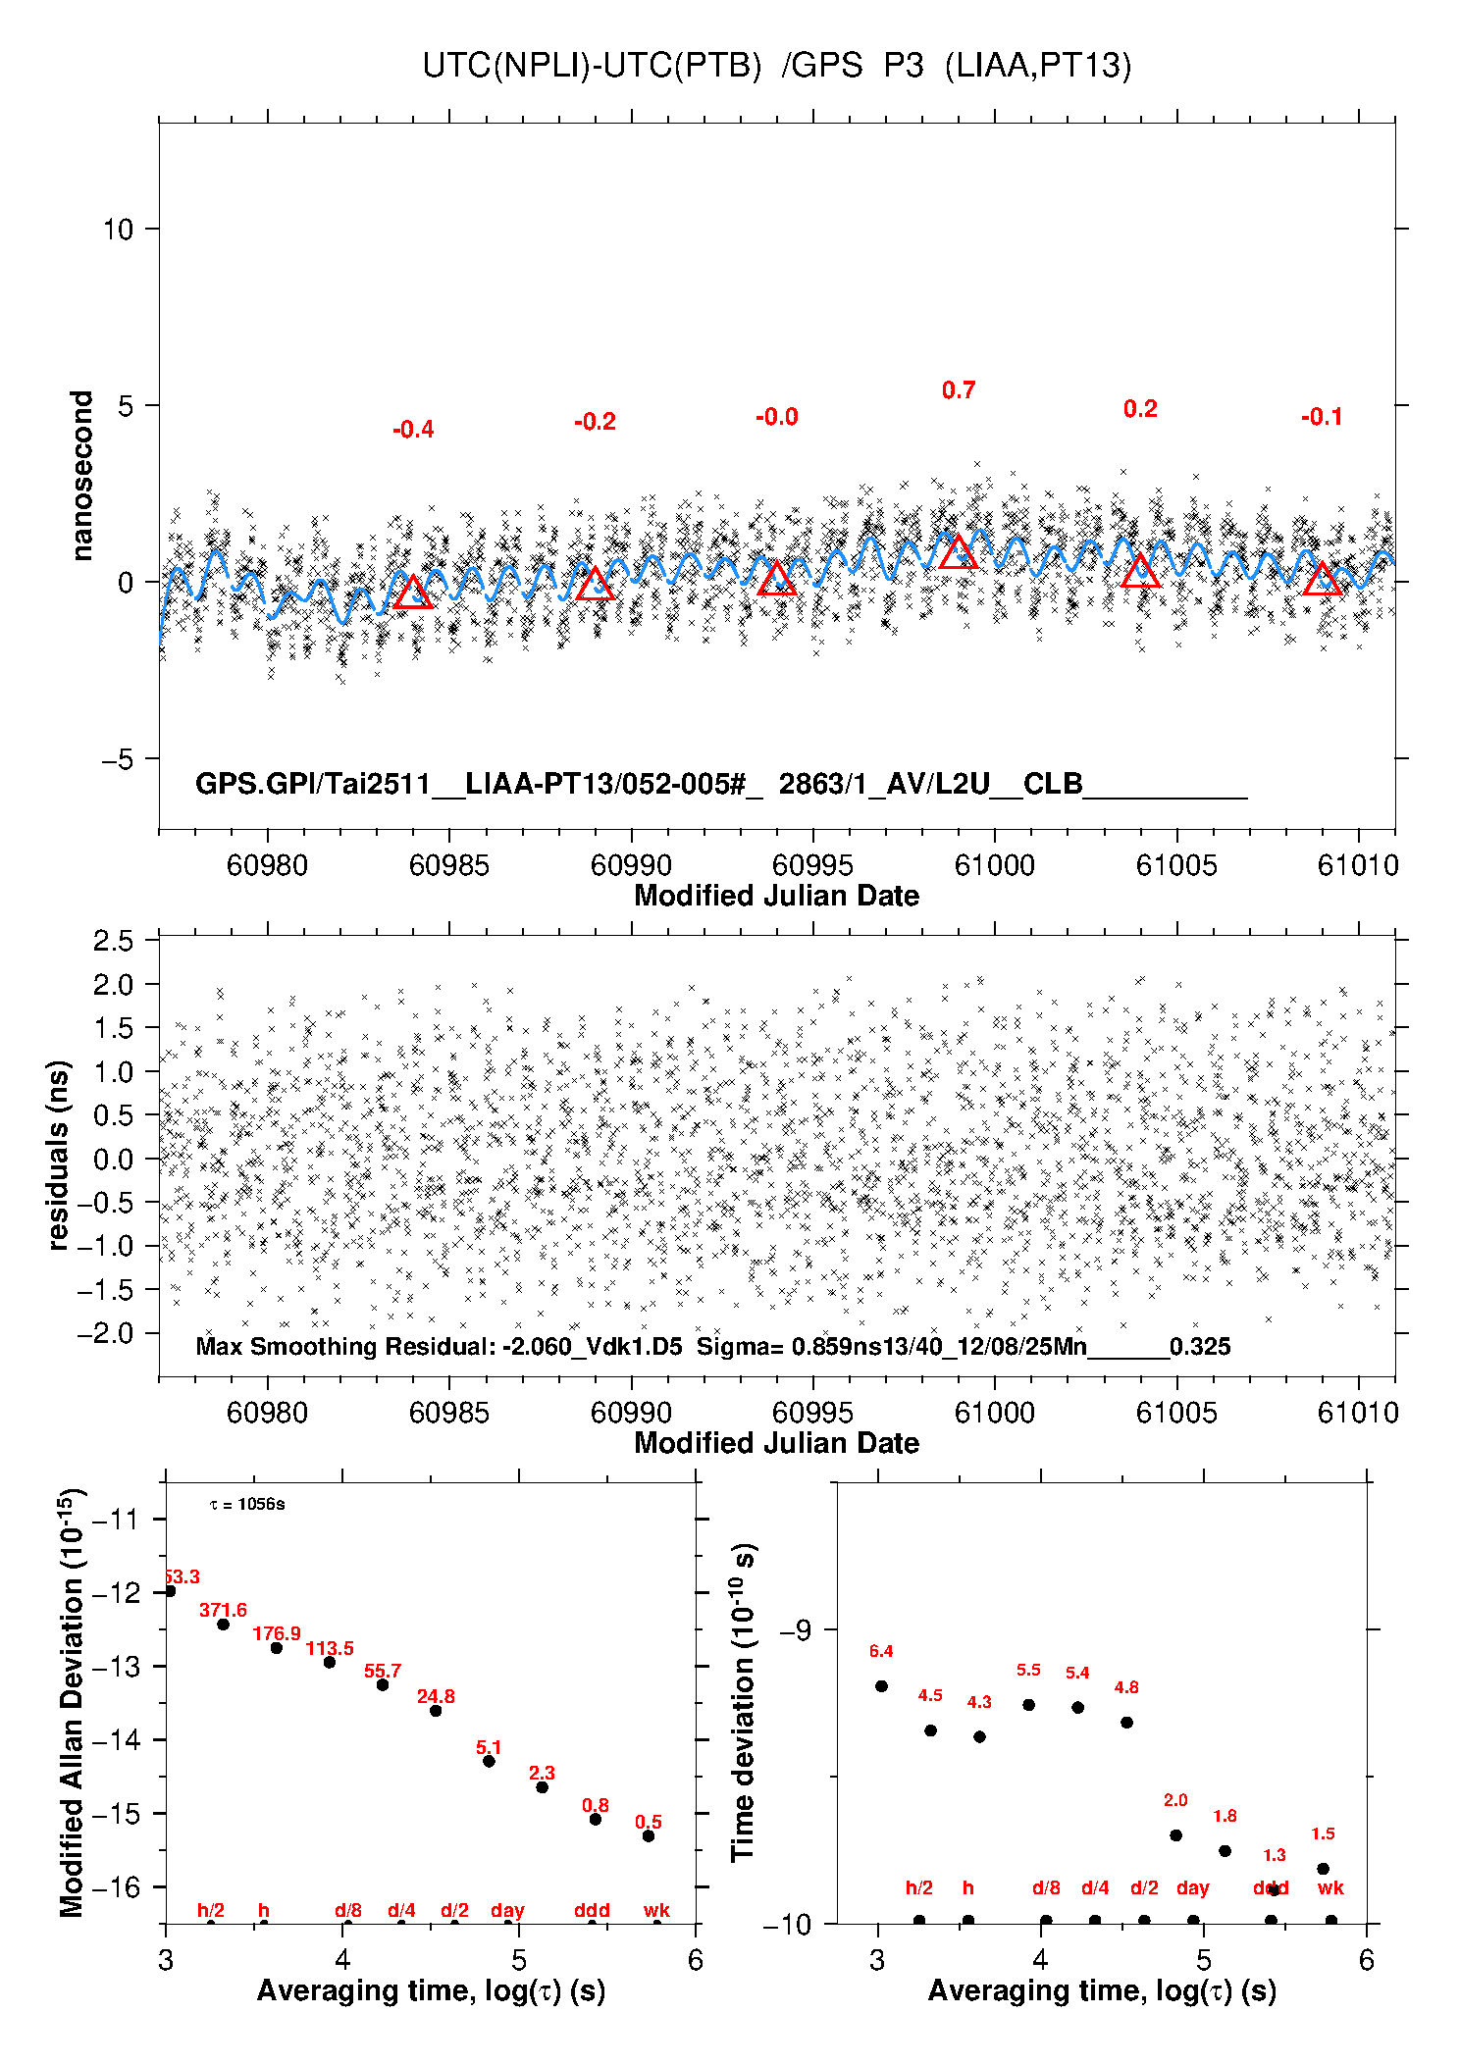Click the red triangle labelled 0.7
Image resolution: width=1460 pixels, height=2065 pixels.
[x=958, y=553]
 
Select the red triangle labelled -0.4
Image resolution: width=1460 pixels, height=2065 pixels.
[x=413, y=593]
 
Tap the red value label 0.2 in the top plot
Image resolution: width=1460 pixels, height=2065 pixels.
[x=1140, y=409]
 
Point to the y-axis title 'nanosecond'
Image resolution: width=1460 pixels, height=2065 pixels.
[x=81, y=475]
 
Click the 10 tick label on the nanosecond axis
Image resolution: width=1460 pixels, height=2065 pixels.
[x=118, y=230]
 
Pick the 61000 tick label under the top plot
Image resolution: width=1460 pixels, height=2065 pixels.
[x=994, y=865]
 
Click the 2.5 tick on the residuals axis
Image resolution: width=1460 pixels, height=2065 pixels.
[x=113, y=941]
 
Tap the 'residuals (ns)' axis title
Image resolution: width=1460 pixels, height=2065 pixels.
[x=59, y=1155]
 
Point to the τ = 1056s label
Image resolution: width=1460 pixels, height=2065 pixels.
[x=247, y=1504]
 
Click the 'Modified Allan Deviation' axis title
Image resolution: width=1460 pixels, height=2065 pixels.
[x=72, y=1701]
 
